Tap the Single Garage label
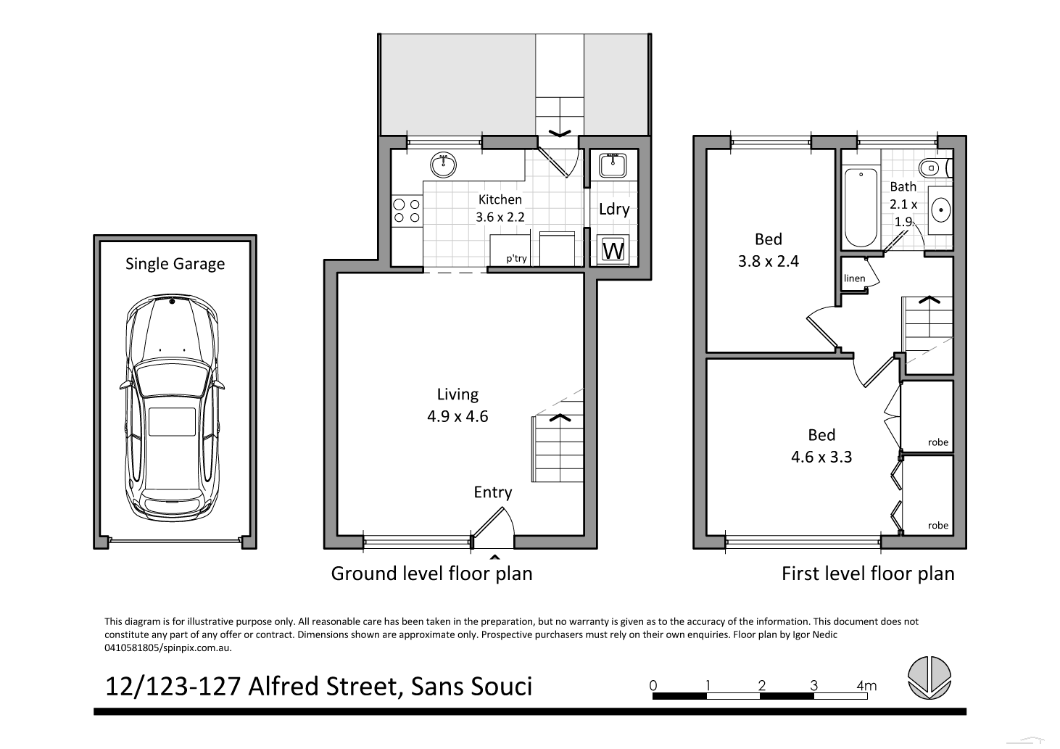pos(175,264)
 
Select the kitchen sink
pos(442,165)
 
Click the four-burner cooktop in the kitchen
pos(406,211)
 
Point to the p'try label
pos(516,258)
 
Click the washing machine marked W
pos(613,251)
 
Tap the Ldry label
pos(613,210)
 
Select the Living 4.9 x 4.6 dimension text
pos(457,416)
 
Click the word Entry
pos(492,492)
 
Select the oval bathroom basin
pos(940,210)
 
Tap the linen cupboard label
pos(854,278)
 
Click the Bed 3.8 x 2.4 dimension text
pos(768,261)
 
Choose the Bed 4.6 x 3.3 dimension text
pos(821,457)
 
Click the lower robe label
pos(937,526)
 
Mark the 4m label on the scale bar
pos(866,685)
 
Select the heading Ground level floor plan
pos(431,574)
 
